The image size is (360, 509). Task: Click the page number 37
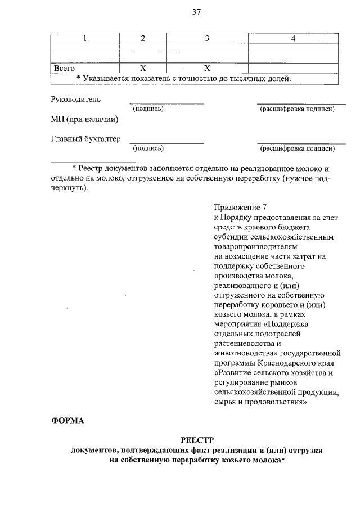click(x=196, y=12)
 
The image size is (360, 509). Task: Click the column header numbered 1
click(x=84, y=38)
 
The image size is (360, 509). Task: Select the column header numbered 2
click(x=143, y=38)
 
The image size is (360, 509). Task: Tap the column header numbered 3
click(x=207, y=38)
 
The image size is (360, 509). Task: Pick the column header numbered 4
click(x=292, y=38)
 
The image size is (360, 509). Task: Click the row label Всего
click(x=64, y=68)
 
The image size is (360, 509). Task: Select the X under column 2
click(x=143, y=68)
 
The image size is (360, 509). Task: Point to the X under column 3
click(x=207, y=68)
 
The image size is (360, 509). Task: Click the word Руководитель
click(x=76, y=99)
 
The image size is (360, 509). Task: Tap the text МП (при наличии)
click(x=84, y=119)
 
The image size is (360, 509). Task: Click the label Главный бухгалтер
click(x=85, y=139)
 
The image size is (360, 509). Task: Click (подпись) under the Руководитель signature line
click(x=148, y=109)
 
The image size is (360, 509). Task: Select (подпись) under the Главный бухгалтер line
click(x=148, y=148)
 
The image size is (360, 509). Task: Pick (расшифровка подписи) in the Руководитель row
click(x=297, y=109)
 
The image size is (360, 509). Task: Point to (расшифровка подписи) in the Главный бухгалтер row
click(x=297, y=148)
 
